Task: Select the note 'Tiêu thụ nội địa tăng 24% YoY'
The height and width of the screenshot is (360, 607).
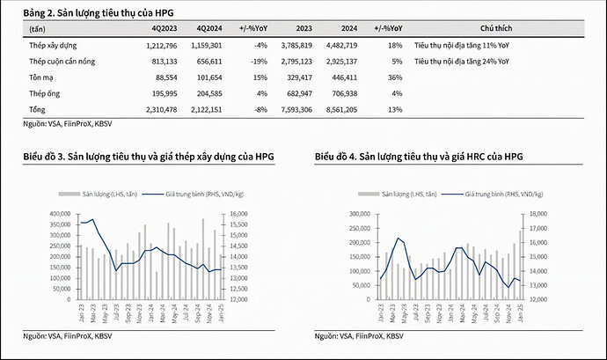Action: pyautogui.click(x=463, y=61)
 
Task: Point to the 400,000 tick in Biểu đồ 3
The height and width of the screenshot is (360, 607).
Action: pyautogui.click(x=54, y=213)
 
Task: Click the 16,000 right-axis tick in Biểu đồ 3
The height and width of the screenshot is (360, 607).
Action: pyautogui.click(x=240, y=213)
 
